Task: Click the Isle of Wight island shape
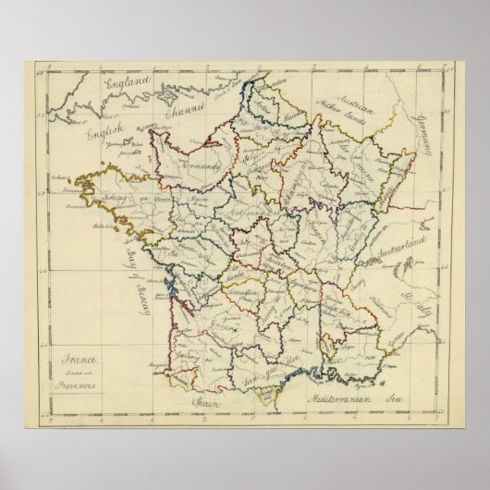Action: click(167, 96)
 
